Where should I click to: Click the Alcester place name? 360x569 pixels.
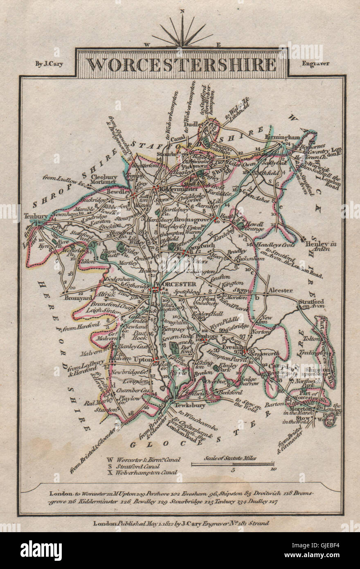[280, 290]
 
